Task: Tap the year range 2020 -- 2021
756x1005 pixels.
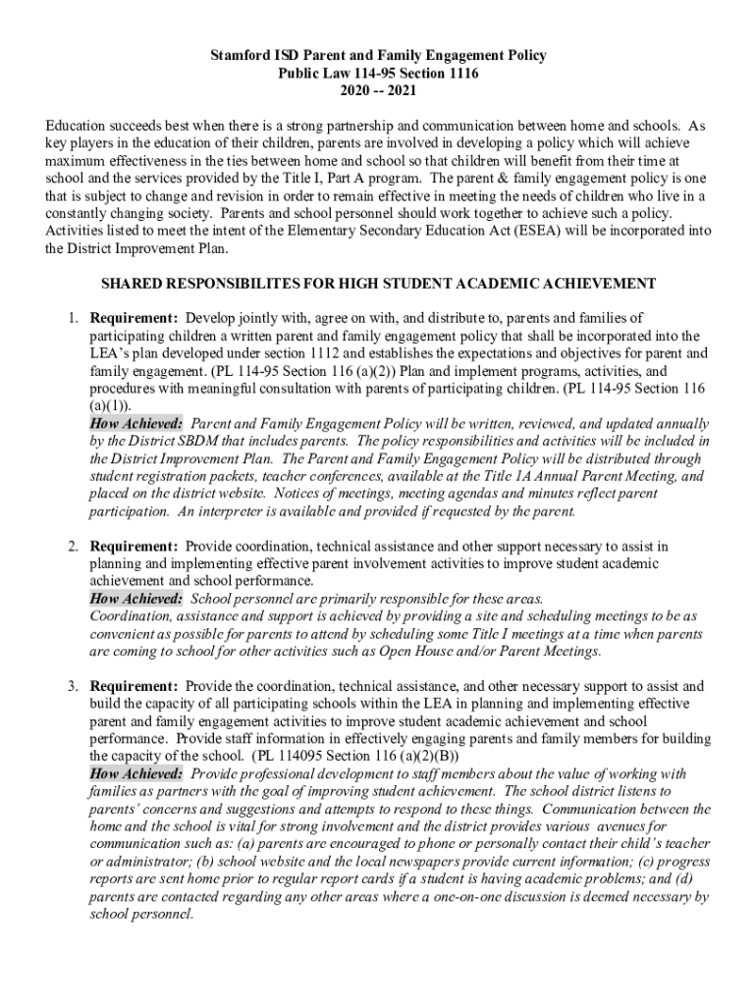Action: (x=379, y=91)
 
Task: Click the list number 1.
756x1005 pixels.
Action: (x=73, y=318)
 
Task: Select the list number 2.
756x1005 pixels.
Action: (x=73, y=545)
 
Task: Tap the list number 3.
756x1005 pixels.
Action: (x=73, y=686)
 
